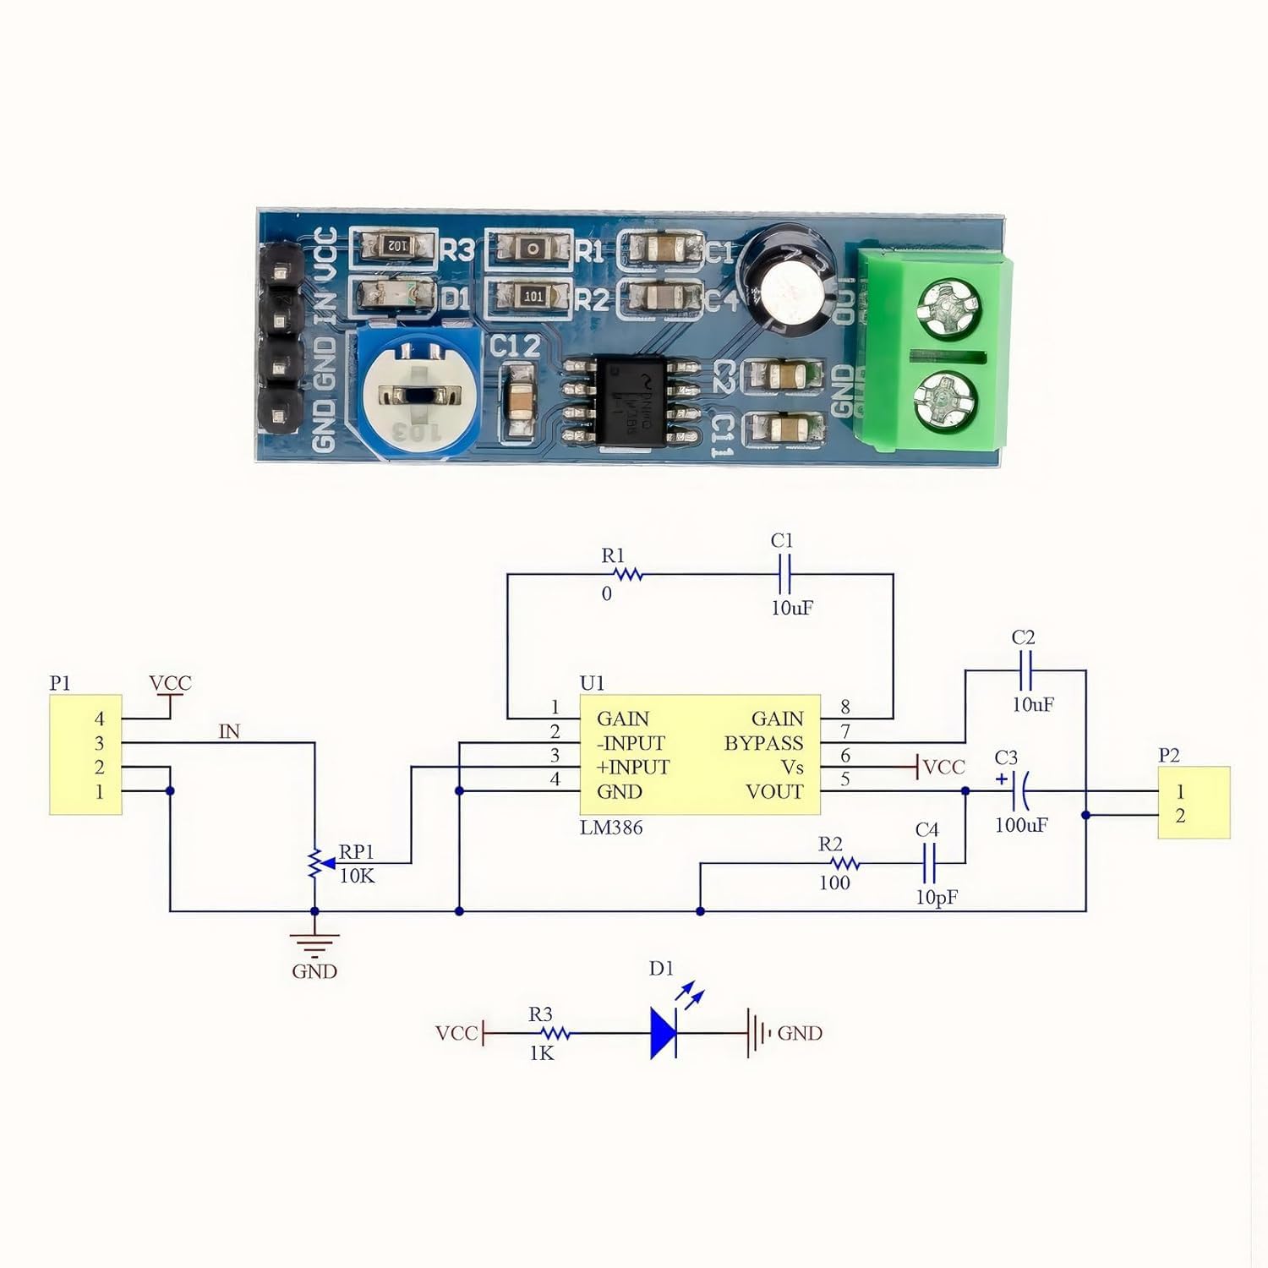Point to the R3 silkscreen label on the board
pyautogui.click(x=457, y=250)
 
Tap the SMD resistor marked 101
pyautogui.click(x=533, y=297)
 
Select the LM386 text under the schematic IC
pyautogui.click(x=611, y=828)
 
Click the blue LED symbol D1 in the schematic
pyautogui.click(x=664, y=1032)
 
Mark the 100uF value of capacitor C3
pyautogui.click(x=1021, y=825)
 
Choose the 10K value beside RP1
pyautogui.click(x=357, y=876)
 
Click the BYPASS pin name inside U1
pyautogui.click(x=763, y=743)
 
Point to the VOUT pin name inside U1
pyautogui.click(x=774, y=792)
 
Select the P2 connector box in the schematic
pyautogui.click(x=1193, y=802)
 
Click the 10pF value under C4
pyautogui.click(x=937, y=897)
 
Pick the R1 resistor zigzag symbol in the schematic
pyautogui.click(x=627, y=575)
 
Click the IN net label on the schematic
pyautogui.click(x=229, y=732)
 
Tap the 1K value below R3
pyautogui.click(x=542, y=1053)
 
